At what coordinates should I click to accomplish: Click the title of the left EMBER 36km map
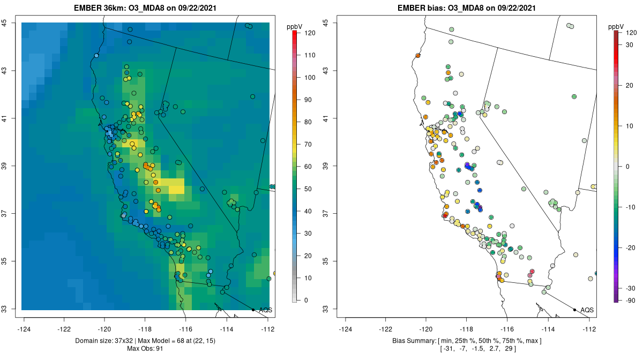coord(145,9)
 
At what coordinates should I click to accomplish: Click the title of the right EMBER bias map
coord(466,9)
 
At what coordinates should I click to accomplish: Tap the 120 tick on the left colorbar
coord(309,33)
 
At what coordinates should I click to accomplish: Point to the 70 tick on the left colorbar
coord(309,144)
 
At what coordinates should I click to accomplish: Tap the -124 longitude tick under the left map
coord(24,328)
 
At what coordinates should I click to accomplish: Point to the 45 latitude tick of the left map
coord(10,22)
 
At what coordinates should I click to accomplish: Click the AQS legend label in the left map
coord(265,310)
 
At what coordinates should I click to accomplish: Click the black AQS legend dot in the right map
coord(574,310)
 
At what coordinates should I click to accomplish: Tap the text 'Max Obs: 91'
coord(145,349)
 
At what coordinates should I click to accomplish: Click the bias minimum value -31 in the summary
coord(448,349)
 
